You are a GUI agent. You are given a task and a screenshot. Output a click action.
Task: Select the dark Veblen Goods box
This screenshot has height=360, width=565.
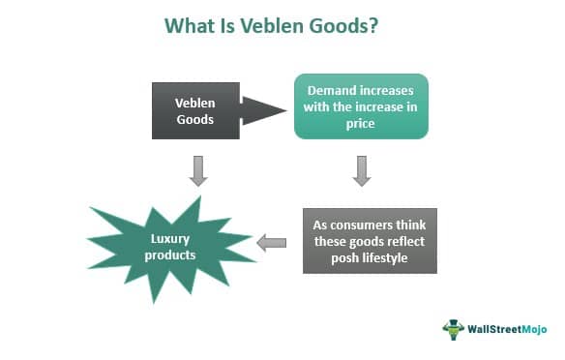[194, 110]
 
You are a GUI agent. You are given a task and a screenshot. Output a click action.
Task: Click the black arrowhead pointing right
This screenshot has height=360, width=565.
[262, 110]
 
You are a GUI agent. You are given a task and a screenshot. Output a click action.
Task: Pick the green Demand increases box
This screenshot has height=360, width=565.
[360, 106]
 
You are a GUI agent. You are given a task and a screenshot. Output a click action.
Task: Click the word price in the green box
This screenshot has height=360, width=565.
[361, 124]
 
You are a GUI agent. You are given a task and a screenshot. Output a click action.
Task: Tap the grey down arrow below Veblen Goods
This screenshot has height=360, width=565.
[197, 169]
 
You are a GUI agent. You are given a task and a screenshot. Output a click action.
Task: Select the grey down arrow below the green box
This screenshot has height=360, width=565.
[361, 169]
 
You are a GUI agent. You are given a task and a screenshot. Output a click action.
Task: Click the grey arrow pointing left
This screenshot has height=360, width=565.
[272, 242]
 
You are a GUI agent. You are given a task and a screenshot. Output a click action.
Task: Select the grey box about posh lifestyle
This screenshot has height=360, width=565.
[370, 240]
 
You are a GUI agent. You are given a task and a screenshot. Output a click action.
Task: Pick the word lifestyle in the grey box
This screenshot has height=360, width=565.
[389, 257]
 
